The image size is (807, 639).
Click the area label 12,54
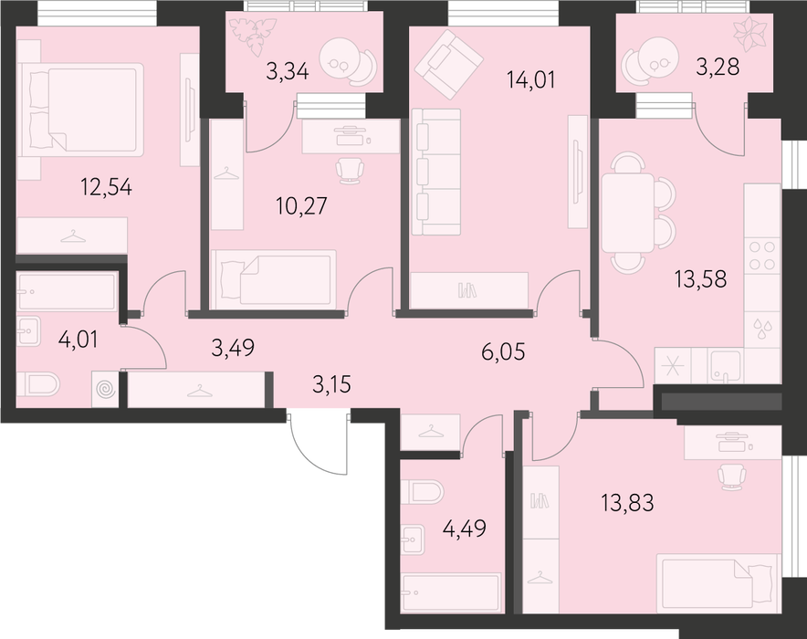tap(107, 187)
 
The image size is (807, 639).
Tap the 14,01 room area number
tap(530, 80)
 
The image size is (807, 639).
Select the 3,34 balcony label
tap(288, 71)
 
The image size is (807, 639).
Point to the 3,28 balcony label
tap(718, 67)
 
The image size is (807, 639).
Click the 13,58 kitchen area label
tap(700, 278)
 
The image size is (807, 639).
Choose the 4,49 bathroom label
tap(465, 529)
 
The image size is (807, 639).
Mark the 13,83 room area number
tap(628, 502)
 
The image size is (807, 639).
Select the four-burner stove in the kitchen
tap(762, 256)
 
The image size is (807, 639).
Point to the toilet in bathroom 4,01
tap(38, 383)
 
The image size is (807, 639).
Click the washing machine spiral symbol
tap(106, 389)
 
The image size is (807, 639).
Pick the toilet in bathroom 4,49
tap(422, 492)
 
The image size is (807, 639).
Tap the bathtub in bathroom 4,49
tap(450, 592)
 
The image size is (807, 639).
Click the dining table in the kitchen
tap(628, 213)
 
